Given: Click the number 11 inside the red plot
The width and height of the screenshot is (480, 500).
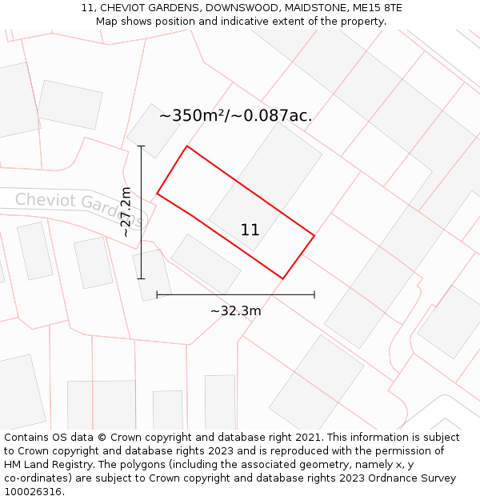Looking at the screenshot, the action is click(x=250, y=230).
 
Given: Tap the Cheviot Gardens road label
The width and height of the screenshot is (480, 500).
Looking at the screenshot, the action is click(x=78, y=207).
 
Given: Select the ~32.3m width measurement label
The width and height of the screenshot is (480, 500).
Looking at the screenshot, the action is click(x=235, y=310).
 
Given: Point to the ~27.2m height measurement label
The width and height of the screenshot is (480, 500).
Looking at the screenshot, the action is click(x=126, y=211).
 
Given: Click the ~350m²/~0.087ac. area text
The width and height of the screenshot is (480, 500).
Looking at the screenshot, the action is click(x=235, y=115).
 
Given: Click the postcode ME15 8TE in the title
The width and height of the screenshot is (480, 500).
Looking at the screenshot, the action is click(x=378, y=8).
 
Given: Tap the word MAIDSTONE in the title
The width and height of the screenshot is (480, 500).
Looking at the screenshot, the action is click(x=314, y=8).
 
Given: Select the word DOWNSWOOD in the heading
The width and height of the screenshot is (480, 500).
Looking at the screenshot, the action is click(x=239, y=8).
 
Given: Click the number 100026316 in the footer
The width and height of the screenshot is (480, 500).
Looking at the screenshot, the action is click(x=32, y=492).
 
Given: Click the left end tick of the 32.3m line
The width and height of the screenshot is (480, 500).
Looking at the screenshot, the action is click(x=157, y=294).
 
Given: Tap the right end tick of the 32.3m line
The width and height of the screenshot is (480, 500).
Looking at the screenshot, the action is click(x=314, y=294).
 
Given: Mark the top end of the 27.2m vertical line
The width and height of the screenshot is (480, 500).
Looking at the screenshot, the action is click(x=142, y=146).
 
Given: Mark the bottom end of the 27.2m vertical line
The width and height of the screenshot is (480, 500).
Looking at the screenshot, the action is click(x=142, y=278).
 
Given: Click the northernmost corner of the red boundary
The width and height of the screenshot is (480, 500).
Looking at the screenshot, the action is click(x=187, y=146).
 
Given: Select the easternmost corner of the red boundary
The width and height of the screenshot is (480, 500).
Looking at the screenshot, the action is click(x=314, y=235).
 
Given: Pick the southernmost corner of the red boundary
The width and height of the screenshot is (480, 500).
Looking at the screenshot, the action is click(x=283, y=278).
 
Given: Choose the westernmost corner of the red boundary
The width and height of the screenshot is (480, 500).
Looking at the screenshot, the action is click(x=157, y=193).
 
